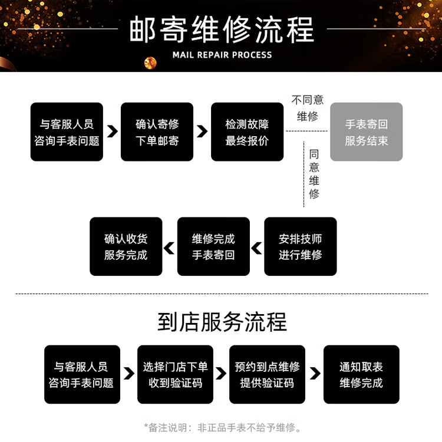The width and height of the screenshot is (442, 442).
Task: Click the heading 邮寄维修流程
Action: click(221, 28)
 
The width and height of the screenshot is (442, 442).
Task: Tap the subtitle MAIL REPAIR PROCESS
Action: click(222, 55)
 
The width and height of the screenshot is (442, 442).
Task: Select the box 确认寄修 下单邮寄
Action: click(157, 132)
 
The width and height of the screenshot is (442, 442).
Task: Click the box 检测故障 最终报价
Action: click(247, 132)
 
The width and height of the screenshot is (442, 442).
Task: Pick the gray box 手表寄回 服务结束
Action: click(366, 132)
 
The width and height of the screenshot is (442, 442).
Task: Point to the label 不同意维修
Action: click(307, 108)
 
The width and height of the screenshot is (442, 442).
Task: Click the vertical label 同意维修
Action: click(314, 173)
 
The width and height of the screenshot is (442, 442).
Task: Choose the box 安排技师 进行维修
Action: click(300, 246)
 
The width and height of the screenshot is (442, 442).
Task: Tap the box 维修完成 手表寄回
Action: click(213, 246)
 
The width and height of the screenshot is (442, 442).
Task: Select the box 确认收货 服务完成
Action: click(126, 246)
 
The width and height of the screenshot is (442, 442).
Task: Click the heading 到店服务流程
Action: click(222, 322)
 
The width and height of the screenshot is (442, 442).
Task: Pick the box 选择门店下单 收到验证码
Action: click(175, 374)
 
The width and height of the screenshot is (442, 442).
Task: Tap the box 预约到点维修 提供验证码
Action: click(267, 374)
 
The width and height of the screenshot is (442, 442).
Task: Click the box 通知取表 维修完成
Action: click(361, 374)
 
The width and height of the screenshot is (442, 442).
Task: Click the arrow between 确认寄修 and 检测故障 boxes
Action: click(202, 131)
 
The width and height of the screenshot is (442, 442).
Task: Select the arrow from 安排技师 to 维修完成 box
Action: click(256, 248)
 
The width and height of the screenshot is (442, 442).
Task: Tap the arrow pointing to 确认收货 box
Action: click(169, 248)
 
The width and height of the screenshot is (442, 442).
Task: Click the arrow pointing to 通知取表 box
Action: click(315, 373)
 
